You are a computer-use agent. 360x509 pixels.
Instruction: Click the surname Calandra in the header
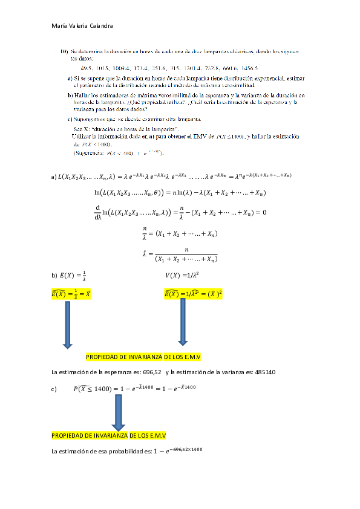point(100,25)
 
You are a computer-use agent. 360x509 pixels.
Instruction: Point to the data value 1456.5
point(248,68)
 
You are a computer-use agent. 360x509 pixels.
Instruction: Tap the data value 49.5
point(88,68)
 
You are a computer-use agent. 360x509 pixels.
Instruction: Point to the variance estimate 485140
point(262,372)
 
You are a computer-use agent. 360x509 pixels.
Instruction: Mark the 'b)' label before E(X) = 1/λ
point(54,276)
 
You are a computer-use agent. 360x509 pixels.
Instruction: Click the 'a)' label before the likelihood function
point(54,177)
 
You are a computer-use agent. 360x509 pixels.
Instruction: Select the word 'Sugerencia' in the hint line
point(87,153)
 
